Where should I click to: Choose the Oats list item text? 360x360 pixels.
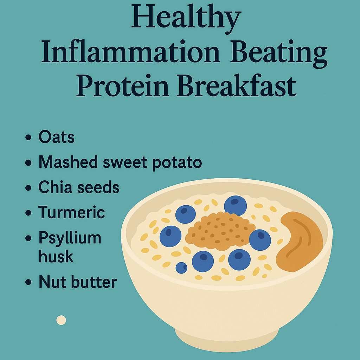click(56, 137)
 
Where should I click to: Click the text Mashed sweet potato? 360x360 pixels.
click(120, 162)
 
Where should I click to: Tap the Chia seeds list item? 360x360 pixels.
click(79, 187)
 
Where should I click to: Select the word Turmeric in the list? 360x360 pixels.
click(71, 212)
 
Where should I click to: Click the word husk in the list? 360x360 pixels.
click(56, 257)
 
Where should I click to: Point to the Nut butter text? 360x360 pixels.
click(77, 282)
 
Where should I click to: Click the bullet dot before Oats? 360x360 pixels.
click(28, 138)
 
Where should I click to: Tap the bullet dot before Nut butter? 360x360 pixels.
click(28, 283)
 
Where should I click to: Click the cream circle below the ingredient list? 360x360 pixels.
click(61, 320)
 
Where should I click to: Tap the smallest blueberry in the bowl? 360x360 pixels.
click(181, 268)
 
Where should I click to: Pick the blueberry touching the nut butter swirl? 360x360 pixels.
click(260, 240)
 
